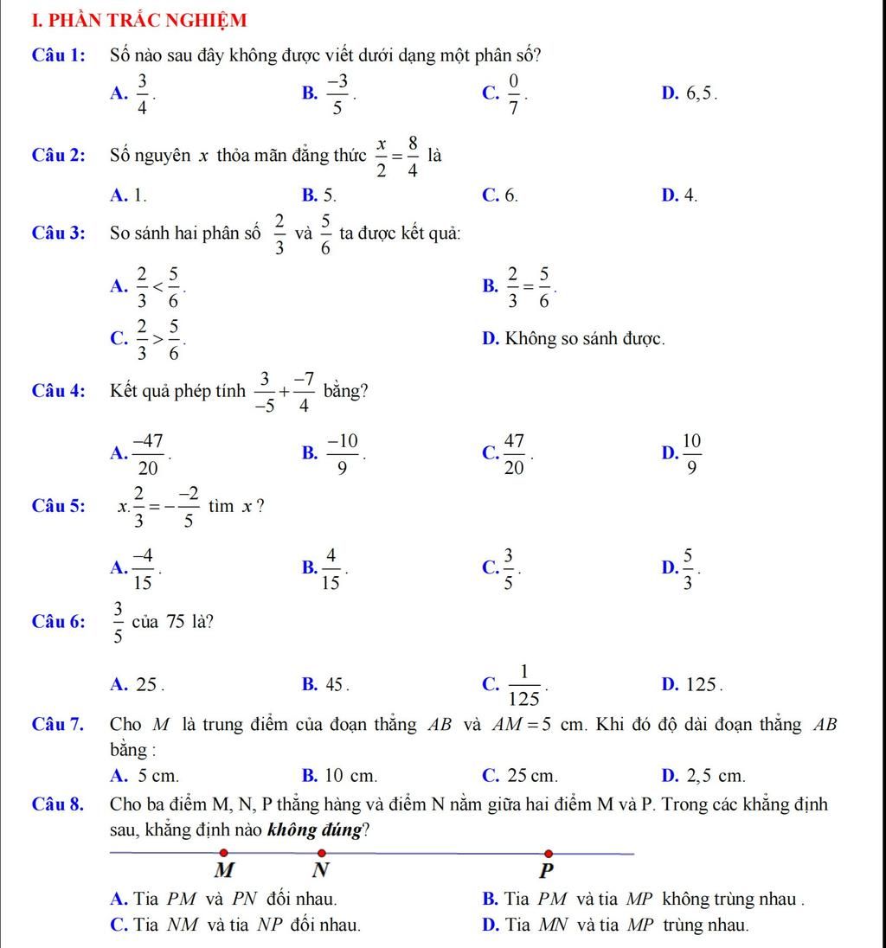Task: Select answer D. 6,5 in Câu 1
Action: coord(689,93)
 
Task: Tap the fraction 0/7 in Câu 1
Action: coord(513,93)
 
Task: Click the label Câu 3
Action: coord(58,234)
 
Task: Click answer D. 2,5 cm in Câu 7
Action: coord(703,775)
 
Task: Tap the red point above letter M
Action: coord(223,854)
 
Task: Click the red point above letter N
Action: coord(321,854)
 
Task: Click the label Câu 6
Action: coord(58,623)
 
